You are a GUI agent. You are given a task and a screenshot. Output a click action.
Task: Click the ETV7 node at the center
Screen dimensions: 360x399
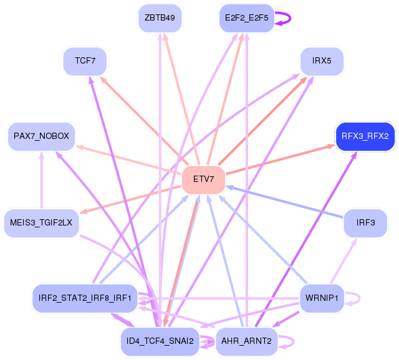point(203,179)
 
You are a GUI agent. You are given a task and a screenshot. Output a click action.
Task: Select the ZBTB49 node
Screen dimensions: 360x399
point(160,17)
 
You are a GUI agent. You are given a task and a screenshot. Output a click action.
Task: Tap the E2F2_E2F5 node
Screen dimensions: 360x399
point(246,17)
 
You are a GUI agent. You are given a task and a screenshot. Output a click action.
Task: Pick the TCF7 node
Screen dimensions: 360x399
point(85,61)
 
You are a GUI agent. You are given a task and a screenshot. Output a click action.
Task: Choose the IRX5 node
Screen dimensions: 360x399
point(322,61)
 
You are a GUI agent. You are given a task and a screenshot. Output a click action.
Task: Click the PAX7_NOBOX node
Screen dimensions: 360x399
point(41,136)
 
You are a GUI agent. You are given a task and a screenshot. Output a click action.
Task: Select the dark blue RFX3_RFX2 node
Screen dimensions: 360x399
point(365,136)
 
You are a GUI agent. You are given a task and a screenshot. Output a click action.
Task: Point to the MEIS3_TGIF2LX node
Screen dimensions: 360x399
point(41,222)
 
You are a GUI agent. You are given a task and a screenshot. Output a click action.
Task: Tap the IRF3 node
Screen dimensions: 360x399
point(365,222)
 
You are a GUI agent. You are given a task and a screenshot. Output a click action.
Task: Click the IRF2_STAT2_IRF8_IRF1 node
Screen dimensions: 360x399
point(85,298)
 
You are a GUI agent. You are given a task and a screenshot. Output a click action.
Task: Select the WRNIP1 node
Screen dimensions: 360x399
point(322,298)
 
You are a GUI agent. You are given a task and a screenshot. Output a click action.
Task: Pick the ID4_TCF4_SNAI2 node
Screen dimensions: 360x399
point(160,341)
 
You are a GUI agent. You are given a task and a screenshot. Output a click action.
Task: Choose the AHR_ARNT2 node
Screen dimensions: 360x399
point(246,341)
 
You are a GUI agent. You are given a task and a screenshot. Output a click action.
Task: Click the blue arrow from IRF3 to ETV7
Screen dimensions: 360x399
point(287,202)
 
